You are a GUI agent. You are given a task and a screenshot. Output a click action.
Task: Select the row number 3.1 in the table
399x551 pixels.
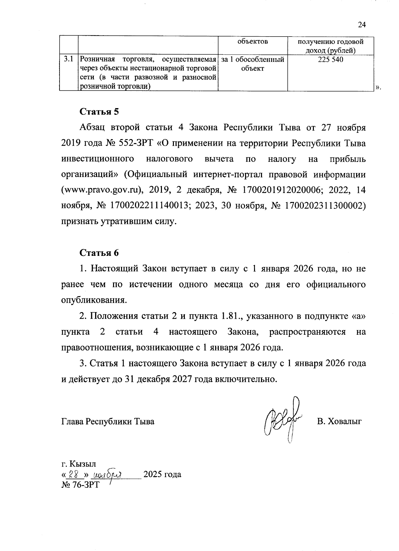pyautogui.click(x=68, y=60)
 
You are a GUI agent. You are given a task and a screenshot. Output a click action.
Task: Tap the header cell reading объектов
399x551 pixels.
pyautogui.click(x=252, y=42)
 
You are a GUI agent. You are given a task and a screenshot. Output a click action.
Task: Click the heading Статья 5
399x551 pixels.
pyautogui.click(x=99, y=111)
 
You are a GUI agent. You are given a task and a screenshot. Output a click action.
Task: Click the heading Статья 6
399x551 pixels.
pyautogui.click(x=99, y=253)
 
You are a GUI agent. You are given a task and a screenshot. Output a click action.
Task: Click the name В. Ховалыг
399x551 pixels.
pyautogui.click(x=339, y=422)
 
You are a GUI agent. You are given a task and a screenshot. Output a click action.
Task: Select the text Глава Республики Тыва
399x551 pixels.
pyautogui.click(x=108, y=422)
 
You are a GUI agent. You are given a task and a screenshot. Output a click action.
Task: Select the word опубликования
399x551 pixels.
pyautogui.click(x=94, y=300)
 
